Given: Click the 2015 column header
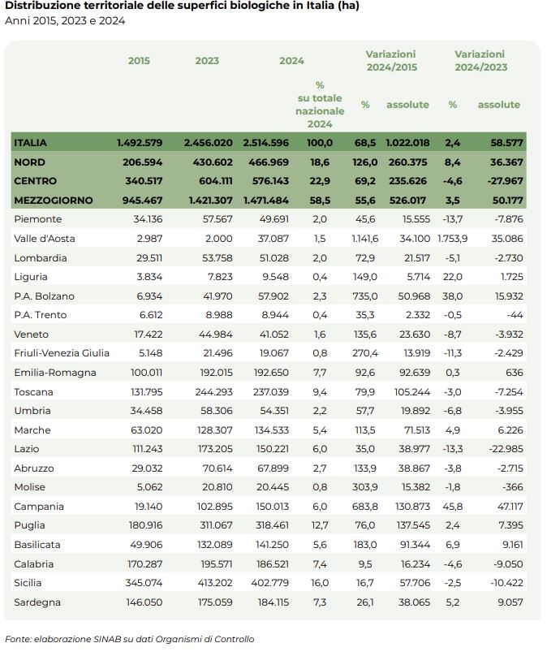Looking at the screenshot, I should [x=139, y=61].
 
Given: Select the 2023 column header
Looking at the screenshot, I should [x=207, y=61].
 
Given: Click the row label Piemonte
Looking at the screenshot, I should [x=37, y=219].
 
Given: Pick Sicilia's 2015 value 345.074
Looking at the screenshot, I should [x=145, y=583].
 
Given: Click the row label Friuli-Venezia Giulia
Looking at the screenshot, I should [x=62, y=353].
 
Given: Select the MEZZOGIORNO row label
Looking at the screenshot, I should [x=53, y=201].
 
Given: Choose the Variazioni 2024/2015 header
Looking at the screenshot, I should [x=391, y=61].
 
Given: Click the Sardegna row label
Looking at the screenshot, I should [x=37, y=602].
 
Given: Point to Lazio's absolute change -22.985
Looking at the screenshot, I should [x=504, y=449].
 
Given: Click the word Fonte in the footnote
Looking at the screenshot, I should [x=19, y=639].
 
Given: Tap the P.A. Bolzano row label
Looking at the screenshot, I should [x=44, y=296].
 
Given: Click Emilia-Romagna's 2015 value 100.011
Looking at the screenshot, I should [x=145, y=373].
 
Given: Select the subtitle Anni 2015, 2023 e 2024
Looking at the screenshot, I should [x=65, y=20].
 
